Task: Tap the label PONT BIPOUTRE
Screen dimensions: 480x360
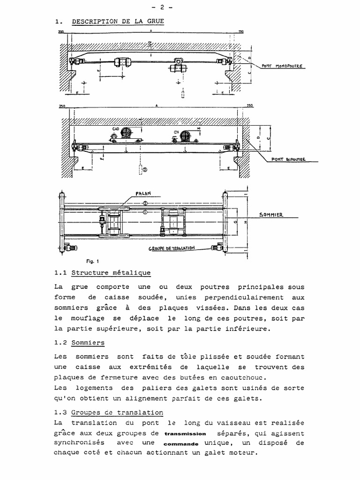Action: coord(289,159)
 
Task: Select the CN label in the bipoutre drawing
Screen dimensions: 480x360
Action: coord(177,132)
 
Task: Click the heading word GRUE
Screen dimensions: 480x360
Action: coord(155,22)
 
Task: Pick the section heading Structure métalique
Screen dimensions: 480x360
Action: coord(111,272)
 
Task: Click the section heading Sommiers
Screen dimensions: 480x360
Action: coord(88,343)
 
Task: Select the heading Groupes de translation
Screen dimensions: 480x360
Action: coord(117,412)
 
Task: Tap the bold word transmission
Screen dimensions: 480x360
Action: coord(186,434)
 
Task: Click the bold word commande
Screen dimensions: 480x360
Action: coord(181,443)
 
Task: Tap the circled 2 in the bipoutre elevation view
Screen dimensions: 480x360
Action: coord(145,170)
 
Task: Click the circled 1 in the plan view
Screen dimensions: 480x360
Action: coord(145,212)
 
